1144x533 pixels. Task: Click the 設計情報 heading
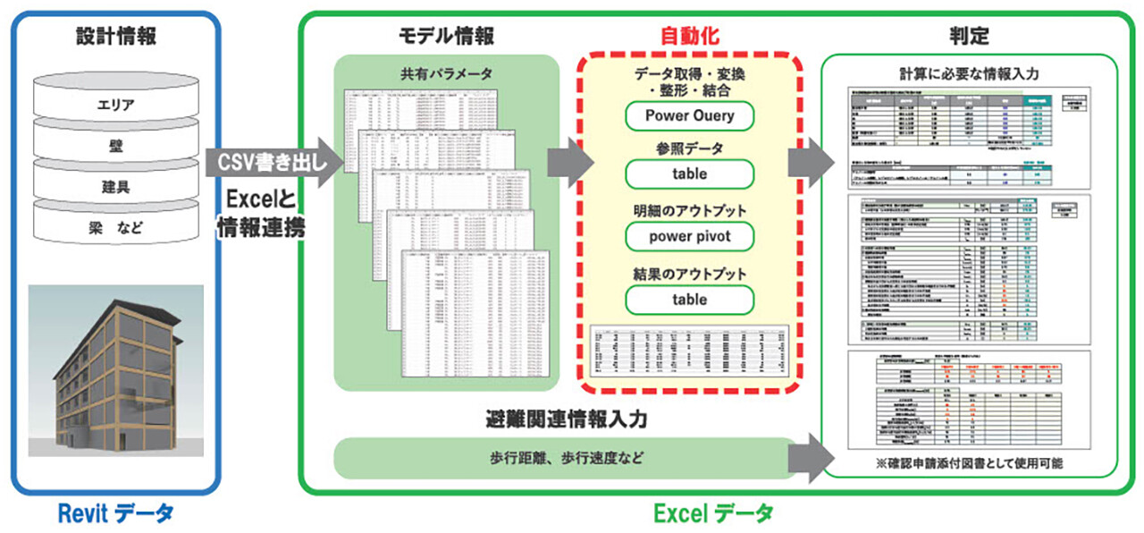pos(115,38)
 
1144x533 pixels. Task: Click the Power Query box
pos(689,115)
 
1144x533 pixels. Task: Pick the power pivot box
pos(689,237)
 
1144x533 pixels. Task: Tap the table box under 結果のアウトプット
pos(689,300)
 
